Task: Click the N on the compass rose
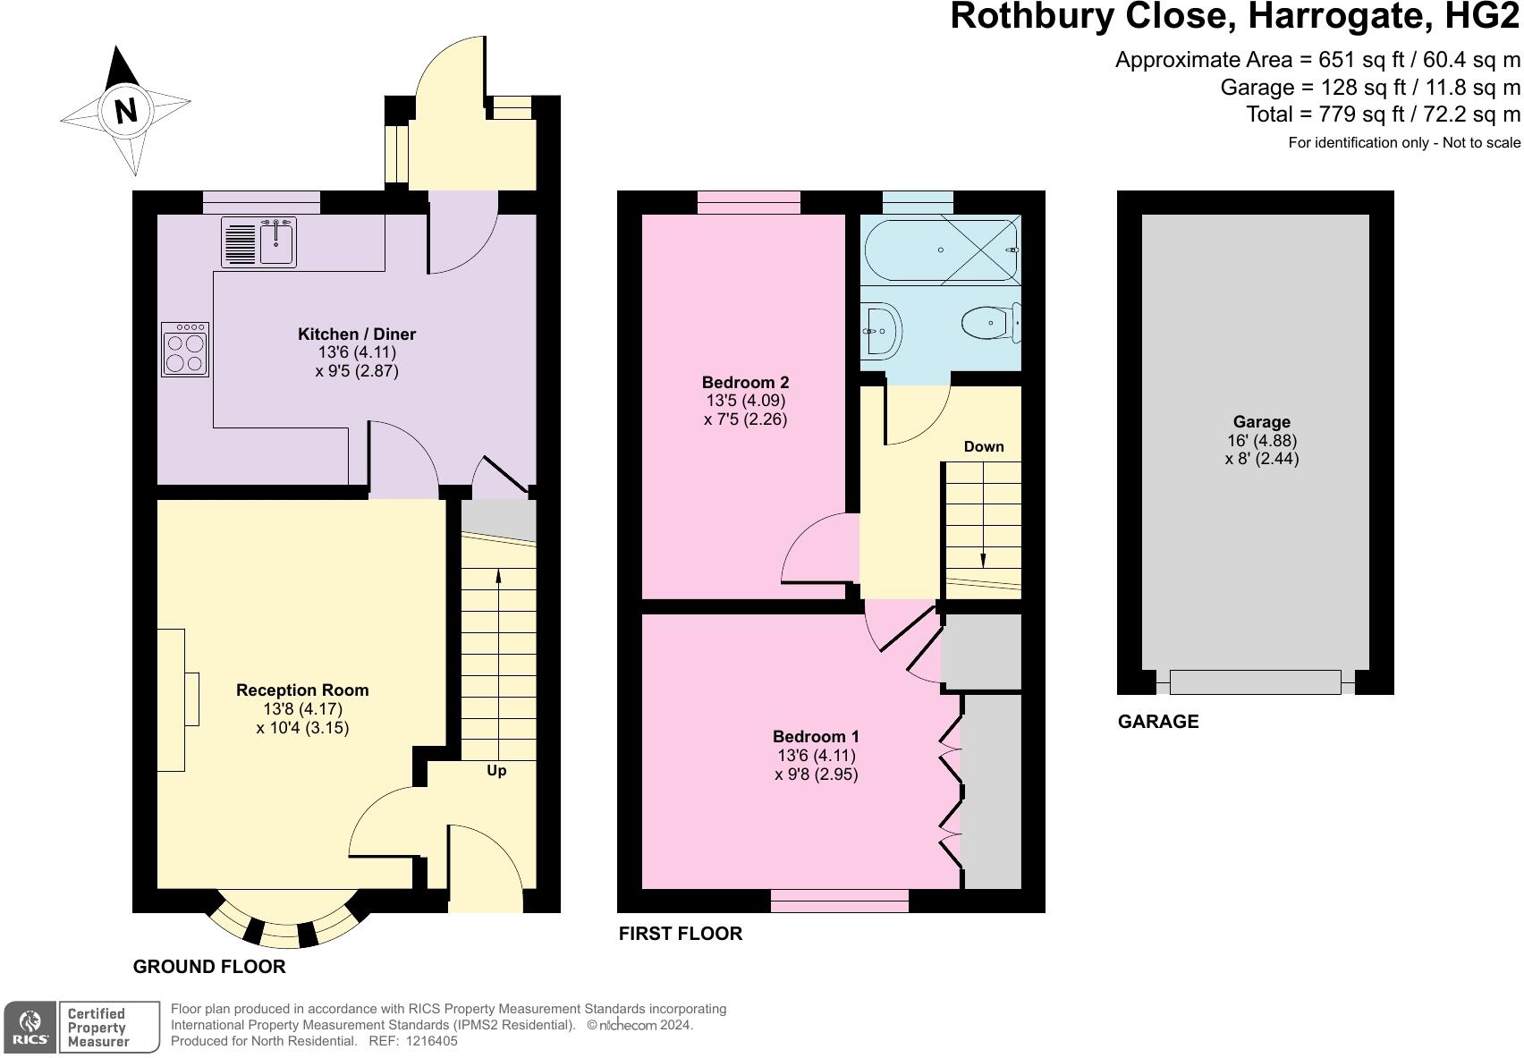click(x=125, y=111)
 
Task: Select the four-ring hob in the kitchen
click(x=185, y=350)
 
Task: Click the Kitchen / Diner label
click(x=357, y=334)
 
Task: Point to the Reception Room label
click(x=302, y=690)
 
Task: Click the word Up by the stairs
click(x=496, y=770)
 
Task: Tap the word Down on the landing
click(x=984, y=446)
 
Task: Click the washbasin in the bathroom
click(x=881, y=331)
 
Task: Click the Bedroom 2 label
click(x=745, y=383)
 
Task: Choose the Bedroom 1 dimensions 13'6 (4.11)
click(x=816, y=756)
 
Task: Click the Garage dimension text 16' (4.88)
click(x=1261, y=441)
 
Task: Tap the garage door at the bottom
click(x=1255, y=682)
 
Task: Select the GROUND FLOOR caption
click(x=209, y=967)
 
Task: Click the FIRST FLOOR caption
click(x=680, y=934)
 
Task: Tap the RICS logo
click(x=30, y=1027)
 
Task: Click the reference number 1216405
click(x=432, y=1041)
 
